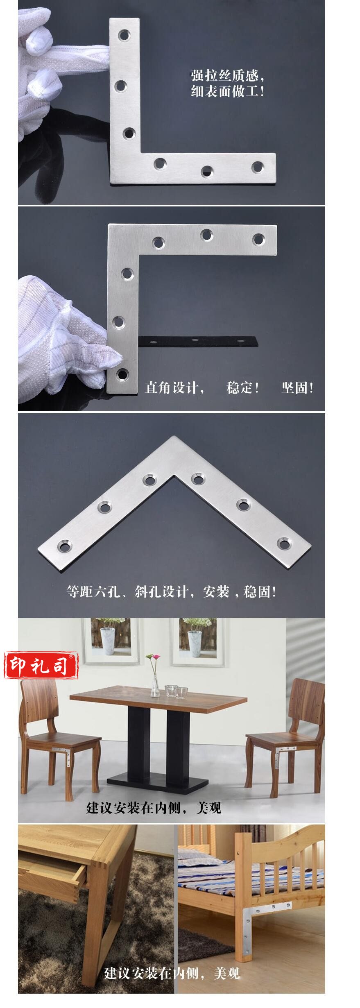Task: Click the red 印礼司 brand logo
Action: (x=41, y=666)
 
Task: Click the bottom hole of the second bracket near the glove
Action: (x=122, y=374)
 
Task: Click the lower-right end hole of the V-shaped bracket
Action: (x=284, y=544)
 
